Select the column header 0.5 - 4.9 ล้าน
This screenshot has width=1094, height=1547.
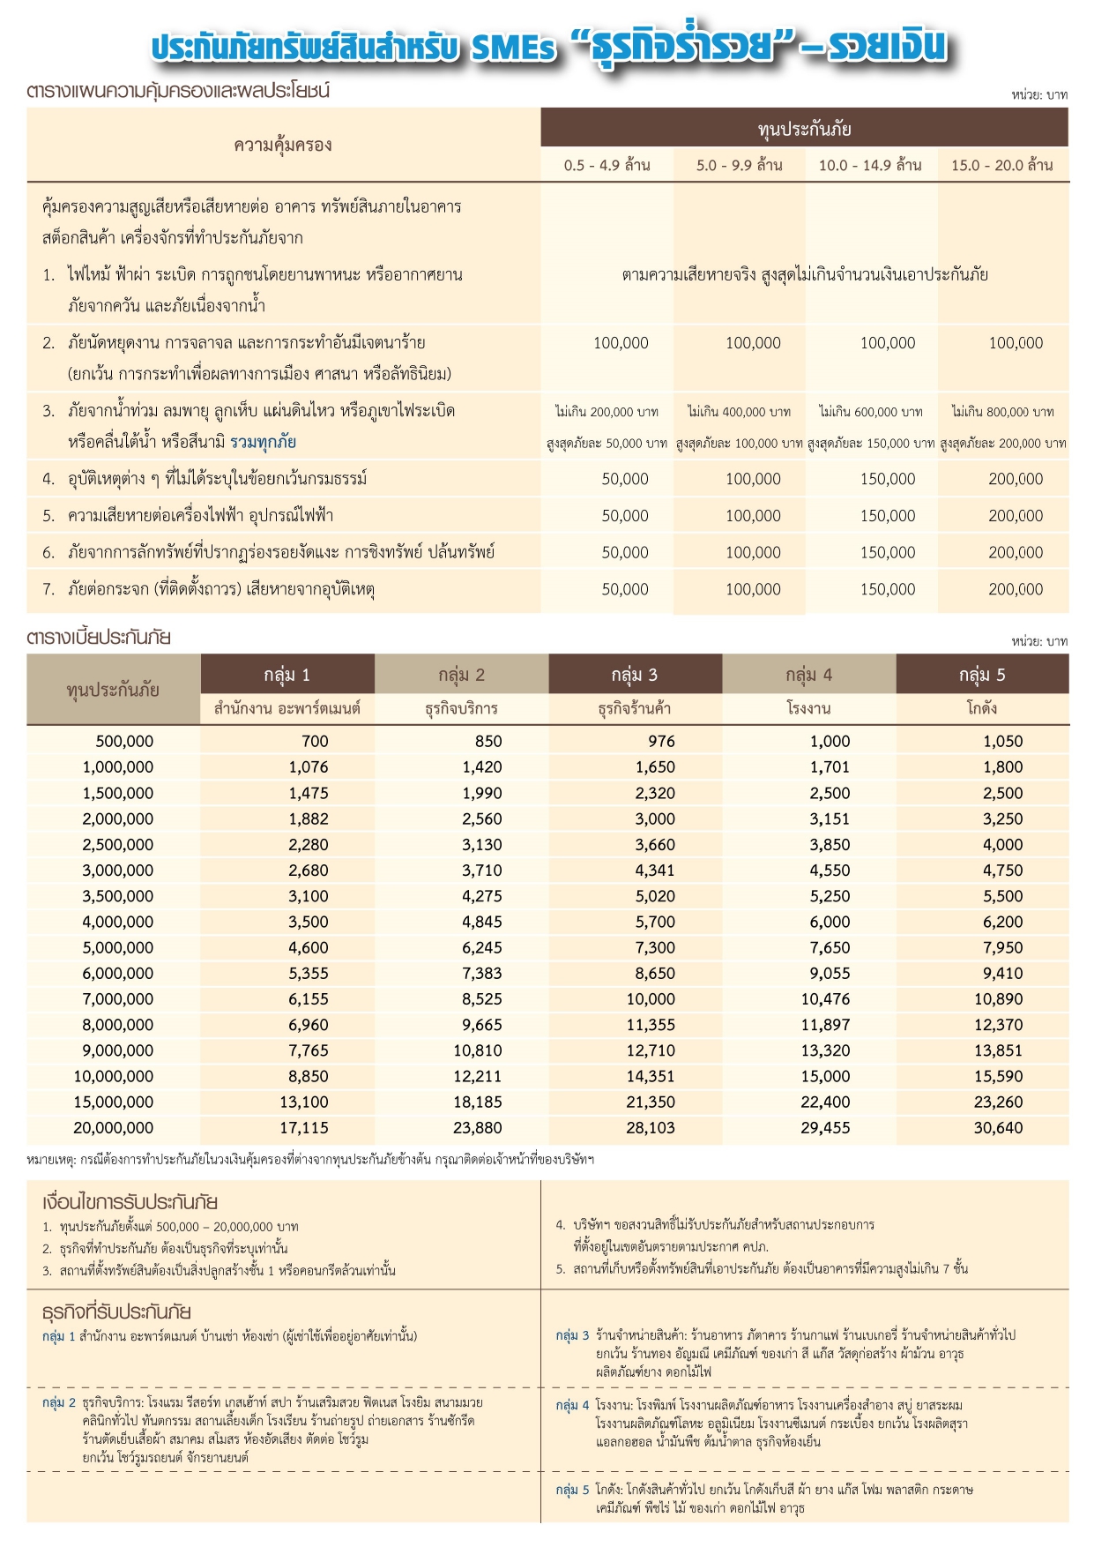click(x=607, y=165)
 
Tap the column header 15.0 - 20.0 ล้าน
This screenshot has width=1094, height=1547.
click(x=1001, y=165)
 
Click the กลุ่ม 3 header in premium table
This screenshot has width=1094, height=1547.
click(x=635, y=675)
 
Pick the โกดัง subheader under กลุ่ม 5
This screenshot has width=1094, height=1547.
click(x=981, y=708)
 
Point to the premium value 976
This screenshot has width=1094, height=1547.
click(x=661, y=742)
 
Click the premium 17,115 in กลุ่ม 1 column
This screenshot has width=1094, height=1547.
click(x=303, y=1128)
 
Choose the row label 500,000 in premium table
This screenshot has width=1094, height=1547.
click(x=124, y=742)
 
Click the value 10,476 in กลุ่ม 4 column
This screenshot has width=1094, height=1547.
click(x=825, y=999)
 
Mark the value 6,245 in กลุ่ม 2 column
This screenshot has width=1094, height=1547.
click(x=481, y=948)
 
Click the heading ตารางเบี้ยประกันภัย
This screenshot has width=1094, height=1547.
click(x=99, y=638)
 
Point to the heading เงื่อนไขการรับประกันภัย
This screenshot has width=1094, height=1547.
click(x=130, y=1202)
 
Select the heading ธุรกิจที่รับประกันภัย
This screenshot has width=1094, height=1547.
click(x=116, y=1312)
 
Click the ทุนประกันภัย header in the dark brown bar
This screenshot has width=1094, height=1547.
click(x=804, y=129)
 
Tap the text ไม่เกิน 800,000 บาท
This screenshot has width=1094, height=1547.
click(x=1002, y=412)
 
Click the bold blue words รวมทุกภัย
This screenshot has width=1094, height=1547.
click(x=263, y=442)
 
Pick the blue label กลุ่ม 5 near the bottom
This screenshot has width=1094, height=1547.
click(x=572, y=1490)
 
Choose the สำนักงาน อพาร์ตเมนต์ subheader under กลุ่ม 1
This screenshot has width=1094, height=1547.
click(x=287, y=708)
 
